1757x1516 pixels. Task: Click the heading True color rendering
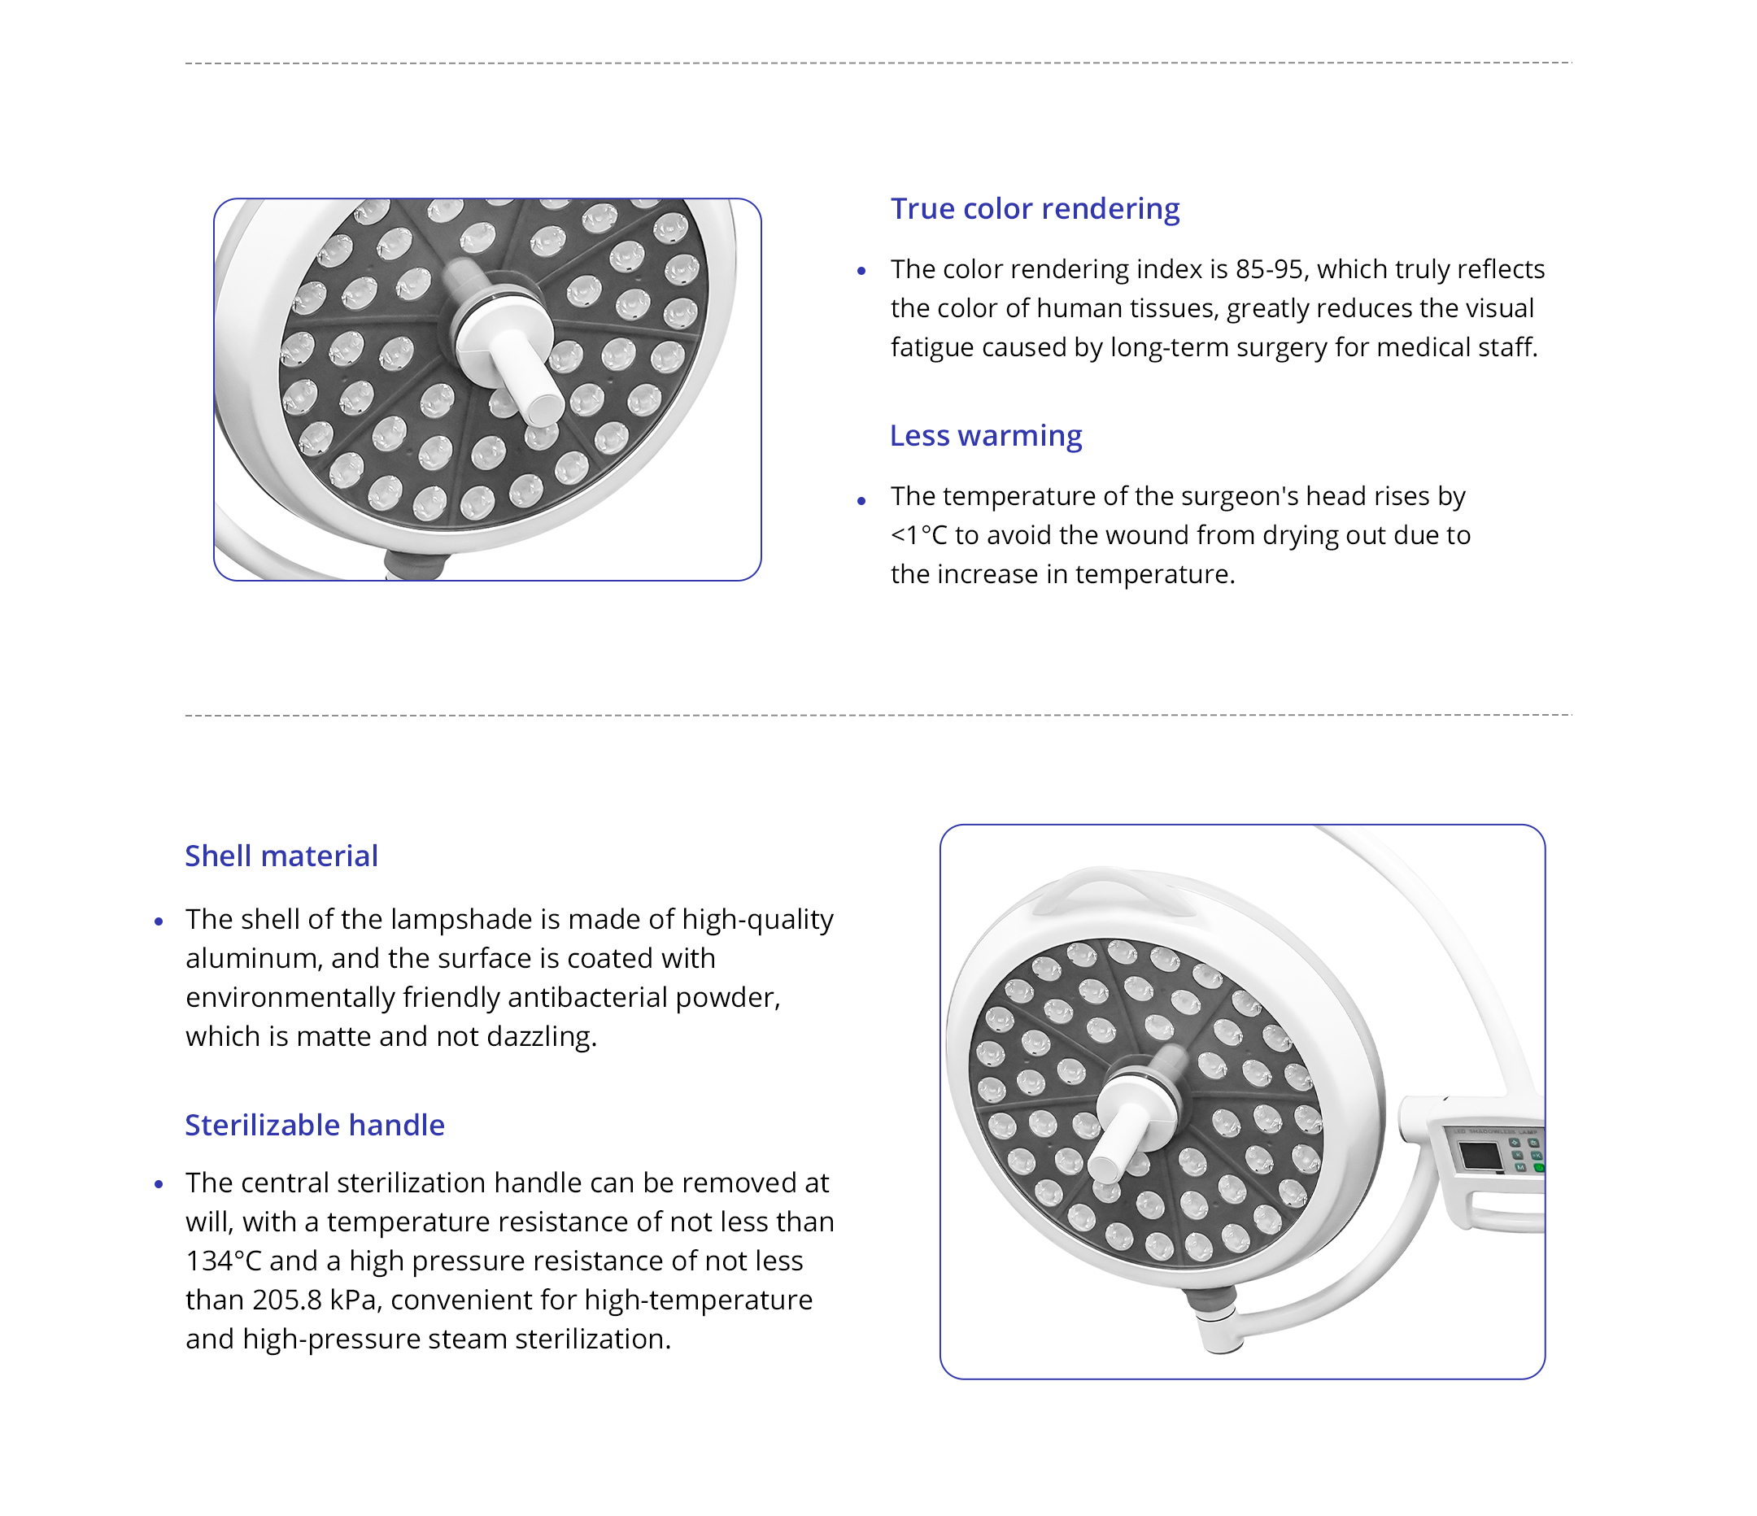(x=1035, y=208)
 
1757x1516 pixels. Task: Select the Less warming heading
(x=985, y=435)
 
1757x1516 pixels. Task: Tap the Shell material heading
(x=281, y=856)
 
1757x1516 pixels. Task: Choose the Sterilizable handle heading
(x=315, y=1124)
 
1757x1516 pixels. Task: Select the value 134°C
(x=223, y=1261)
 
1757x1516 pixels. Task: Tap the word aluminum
(x=253, y=958)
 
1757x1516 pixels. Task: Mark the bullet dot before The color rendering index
(x=861, y=272)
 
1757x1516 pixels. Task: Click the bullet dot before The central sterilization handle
(x=159, y=1184)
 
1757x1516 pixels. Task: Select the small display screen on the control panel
(x=1479, y=1156)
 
